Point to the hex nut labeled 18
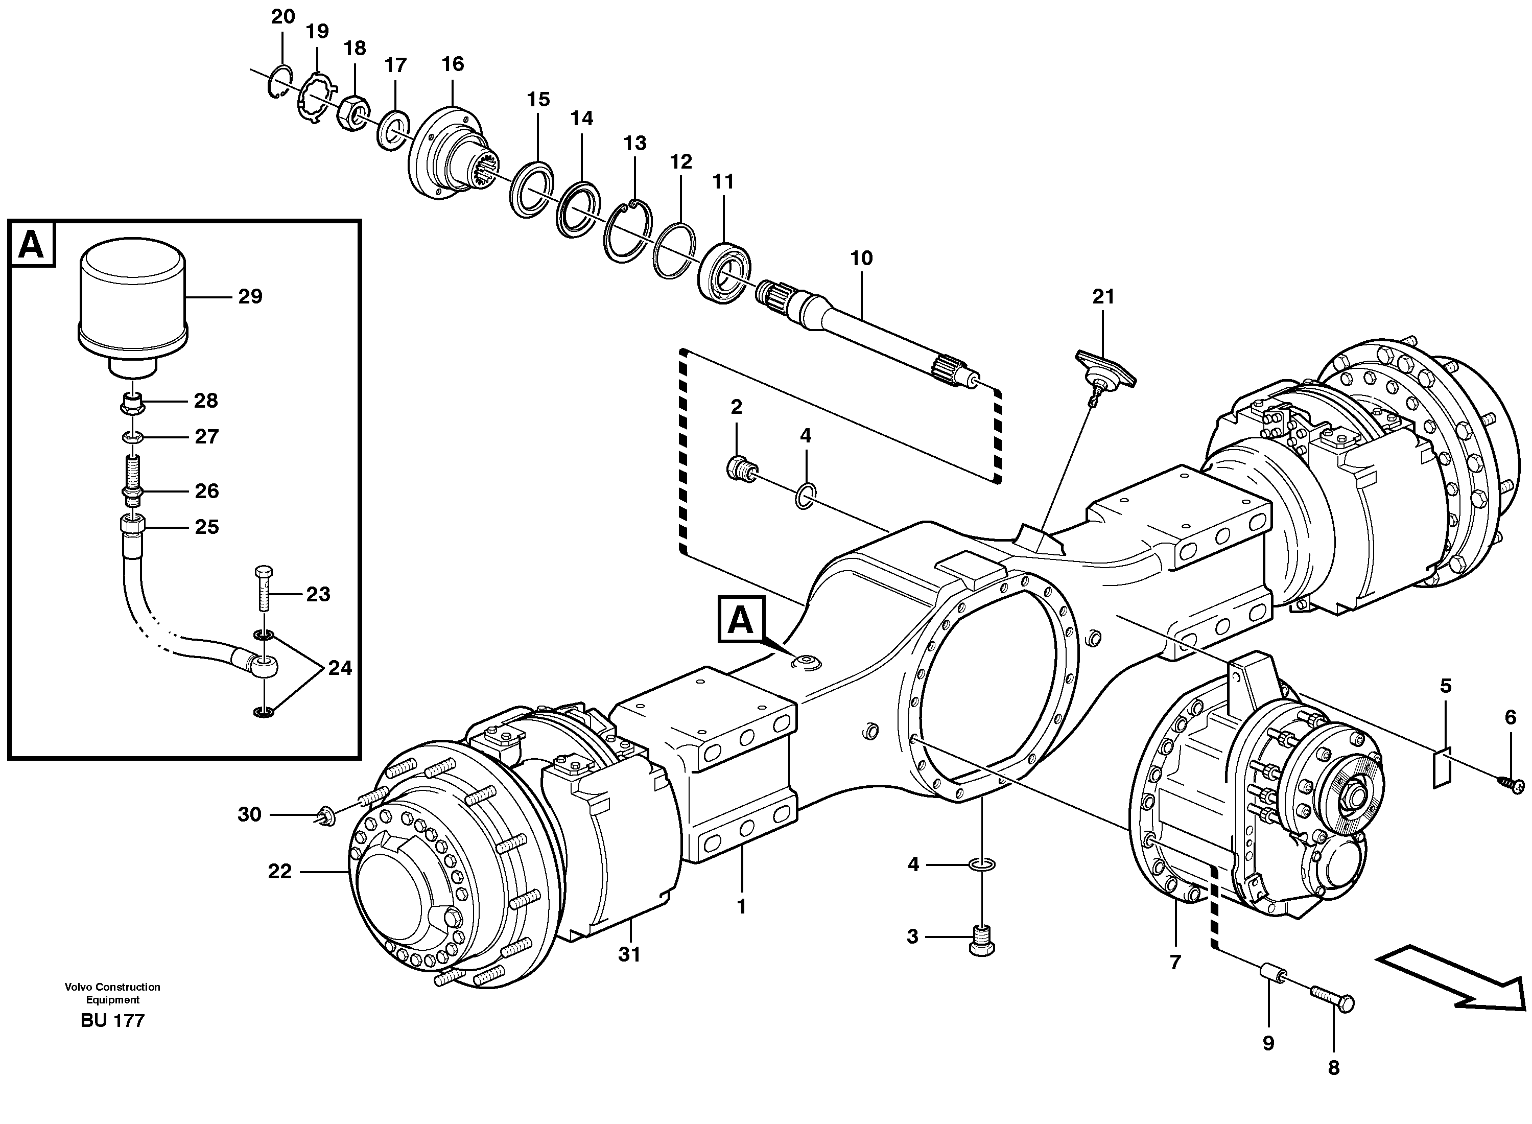point(353,113)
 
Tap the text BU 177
point(112,1021)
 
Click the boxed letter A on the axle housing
point(741,619)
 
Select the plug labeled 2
point(740,470)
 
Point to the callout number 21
point(1103,297)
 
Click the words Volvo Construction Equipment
point(112,993)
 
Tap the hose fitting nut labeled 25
point(132,526)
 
